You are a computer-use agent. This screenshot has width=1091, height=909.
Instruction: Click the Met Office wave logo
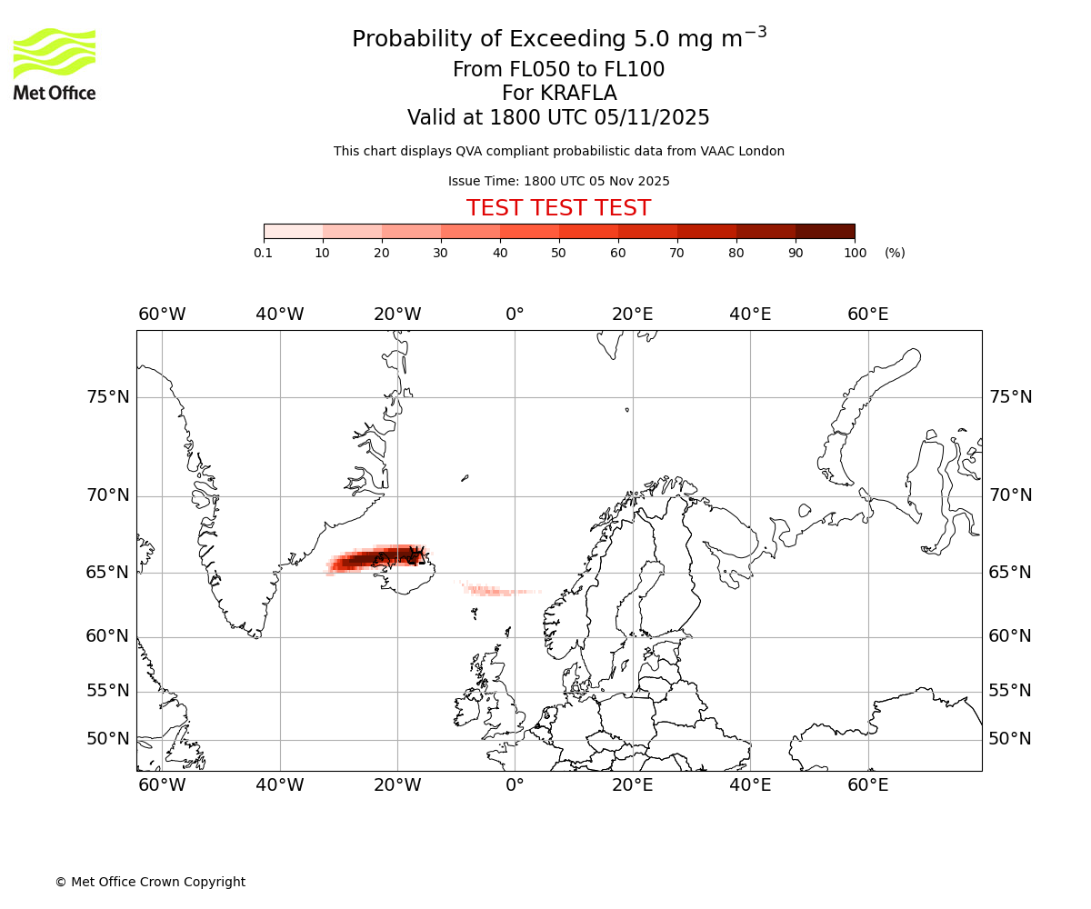[x=55, y=54]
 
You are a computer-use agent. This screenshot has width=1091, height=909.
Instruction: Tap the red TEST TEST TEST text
[x=558, y=208]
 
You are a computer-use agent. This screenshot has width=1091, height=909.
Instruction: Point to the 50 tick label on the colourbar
[x=558, y=253]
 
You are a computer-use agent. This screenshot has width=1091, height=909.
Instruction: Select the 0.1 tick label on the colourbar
[x=264, y=253]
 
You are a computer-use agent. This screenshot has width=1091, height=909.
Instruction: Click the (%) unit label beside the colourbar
[x=895, y=253]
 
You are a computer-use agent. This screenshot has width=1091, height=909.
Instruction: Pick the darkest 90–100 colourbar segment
[x=825, y=231]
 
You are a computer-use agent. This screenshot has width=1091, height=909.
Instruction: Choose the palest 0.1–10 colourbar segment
[x=294, y=231]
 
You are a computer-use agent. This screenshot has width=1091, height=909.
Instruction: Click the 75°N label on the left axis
[x=107, y=397]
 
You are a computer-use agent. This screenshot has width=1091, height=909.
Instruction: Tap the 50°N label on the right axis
[x=1010, y=739]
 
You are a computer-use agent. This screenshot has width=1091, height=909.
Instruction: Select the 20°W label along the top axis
[x=397, y=315]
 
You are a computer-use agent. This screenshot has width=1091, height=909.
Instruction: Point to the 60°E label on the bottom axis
[x=868, y=785]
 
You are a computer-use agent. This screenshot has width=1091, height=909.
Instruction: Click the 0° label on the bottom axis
[x=515, y=785]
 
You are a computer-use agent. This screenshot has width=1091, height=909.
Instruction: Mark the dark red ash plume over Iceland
[x=377, y=559]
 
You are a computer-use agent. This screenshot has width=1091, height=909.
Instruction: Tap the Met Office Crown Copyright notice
[x=150, y=882]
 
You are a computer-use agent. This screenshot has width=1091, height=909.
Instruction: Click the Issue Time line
[x=558, y=181]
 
